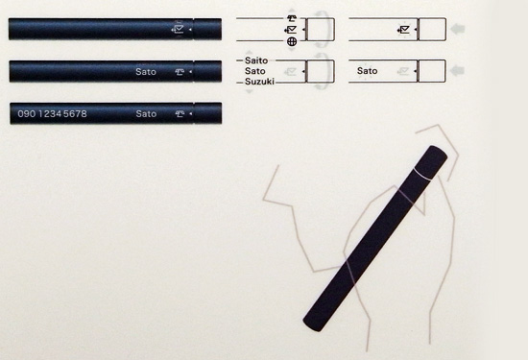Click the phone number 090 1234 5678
click(52, 114)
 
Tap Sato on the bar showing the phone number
click(146, 114)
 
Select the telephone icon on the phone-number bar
click(180, 114)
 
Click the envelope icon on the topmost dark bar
click(179, 29)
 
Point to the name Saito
click(256, 60)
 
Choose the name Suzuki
click(259, 82)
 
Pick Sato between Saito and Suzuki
click(255, 71)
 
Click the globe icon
click(292, 41)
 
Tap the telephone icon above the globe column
click(292, 18)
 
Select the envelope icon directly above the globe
click(291, 30)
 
